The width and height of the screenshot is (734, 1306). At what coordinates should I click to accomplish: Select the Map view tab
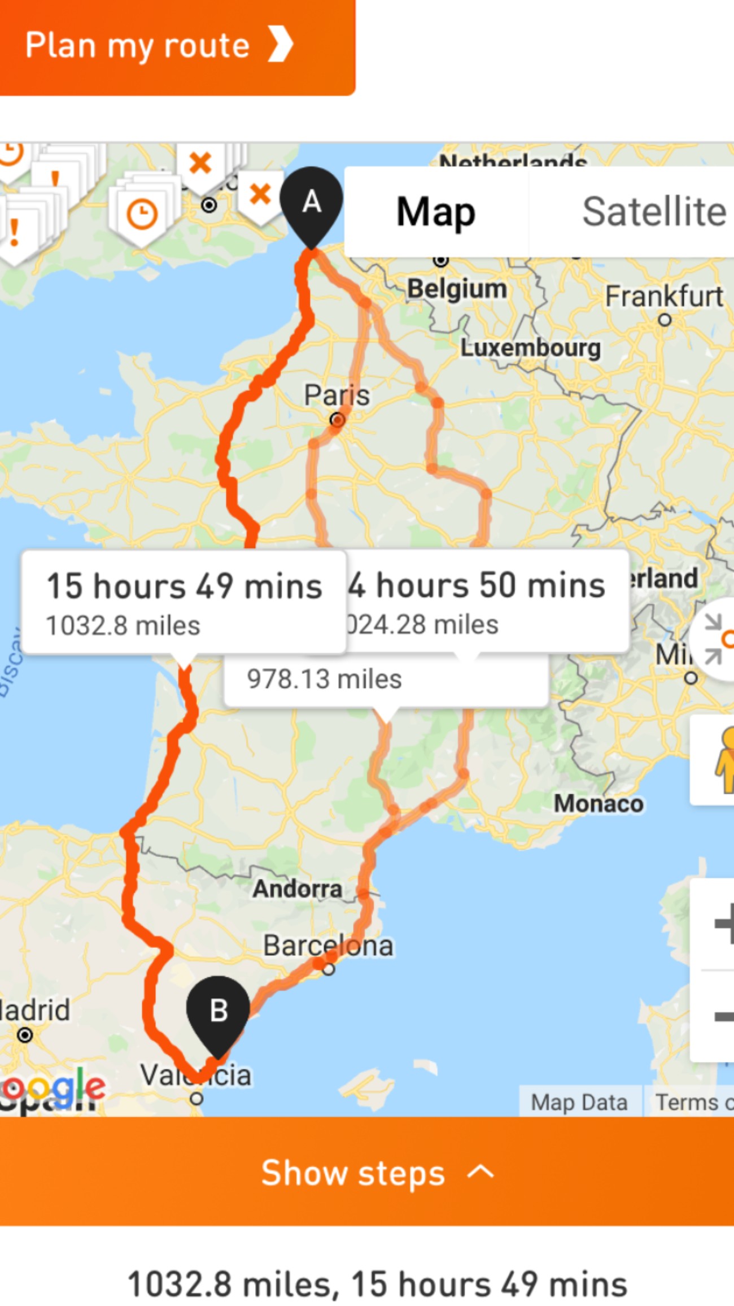pos(436,212)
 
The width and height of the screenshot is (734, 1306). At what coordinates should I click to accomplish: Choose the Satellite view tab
pos(653,212)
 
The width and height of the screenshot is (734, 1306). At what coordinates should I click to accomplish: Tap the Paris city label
pos(337,395)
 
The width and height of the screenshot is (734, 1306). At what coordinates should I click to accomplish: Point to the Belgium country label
pos(457,289)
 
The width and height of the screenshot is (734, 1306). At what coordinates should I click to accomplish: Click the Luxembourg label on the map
pos(530,348)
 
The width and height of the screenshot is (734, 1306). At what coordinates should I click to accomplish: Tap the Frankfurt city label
pos(664,296)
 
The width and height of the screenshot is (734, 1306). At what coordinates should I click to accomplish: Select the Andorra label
pos(297,889)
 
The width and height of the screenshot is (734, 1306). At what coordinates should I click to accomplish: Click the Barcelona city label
pos(328,946)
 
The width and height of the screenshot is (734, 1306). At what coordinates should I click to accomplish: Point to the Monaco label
pos(598,803)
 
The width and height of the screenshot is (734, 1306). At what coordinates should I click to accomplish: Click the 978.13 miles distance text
pos(324,679)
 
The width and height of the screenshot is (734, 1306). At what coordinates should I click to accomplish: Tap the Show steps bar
pos(367,1173)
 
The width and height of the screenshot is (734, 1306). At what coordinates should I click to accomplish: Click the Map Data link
pos(579,1102)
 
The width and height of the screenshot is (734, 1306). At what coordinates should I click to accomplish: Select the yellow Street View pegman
pos(724,760)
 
